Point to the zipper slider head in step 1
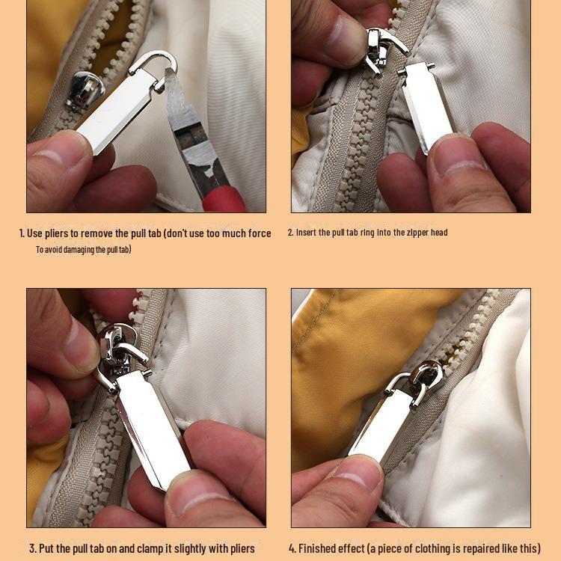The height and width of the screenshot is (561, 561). click(85, 90)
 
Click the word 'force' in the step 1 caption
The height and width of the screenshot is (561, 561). click(260, 233)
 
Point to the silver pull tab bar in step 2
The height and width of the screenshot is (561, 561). click(425, 106)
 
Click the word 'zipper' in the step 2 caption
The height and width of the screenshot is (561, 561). click(418, 233)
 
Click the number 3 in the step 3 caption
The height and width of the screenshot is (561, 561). click(32, 548)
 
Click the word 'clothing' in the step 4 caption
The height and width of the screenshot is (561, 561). click(437, 549)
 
